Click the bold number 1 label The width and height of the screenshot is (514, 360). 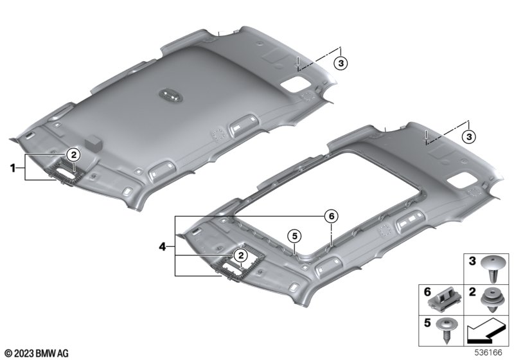[13, 168]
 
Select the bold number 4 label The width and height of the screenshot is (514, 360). [163, 246]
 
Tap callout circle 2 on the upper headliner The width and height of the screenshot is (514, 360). [73, 154]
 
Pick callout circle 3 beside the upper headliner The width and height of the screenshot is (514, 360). [341, 62]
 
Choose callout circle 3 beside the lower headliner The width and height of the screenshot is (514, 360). [469, 136]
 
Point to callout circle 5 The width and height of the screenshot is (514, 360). [294, 236]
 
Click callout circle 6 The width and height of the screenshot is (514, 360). [331, 217]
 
